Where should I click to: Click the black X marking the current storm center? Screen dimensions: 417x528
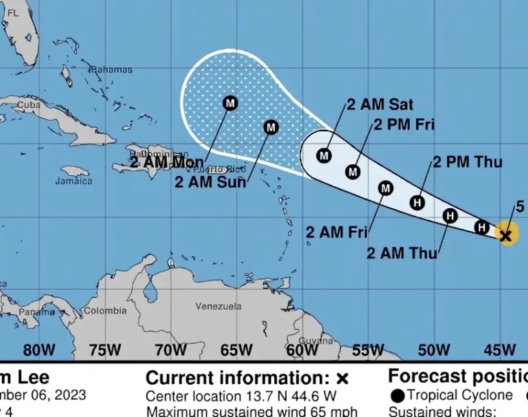506,236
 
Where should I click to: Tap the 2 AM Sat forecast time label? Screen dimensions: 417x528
379,104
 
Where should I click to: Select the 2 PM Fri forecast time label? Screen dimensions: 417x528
404,125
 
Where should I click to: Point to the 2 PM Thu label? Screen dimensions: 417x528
467,162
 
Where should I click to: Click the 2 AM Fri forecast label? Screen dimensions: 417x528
337,232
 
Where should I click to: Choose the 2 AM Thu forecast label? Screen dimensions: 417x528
401,253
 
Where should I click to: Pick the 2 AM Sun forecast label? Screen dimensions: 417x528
210,182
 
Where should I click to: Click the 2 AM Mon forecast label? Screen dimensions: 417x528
166,162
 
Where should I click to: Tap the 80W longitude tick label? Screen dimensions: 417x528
39,350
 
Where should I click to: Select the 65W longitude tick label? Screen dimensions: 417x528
236,350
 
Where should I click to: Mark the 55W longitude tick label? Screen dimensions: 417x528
368,350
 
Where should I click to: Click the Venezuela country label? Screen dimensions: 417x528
218,306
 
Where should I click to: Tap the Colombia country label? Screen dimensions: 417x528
105,311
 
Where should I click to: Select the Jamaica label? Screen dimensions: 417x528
74,181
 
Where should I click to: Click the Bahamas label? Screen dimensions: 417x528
111,69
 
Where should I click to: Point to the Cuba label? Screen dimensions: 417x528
29,105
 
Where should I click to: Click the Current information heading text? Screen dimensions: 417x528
239,379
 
